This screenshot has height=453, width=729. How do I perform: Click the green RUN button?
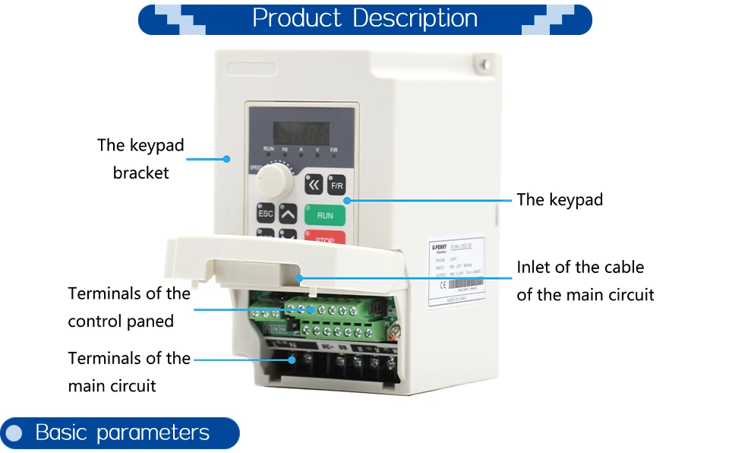(x=325, y=215)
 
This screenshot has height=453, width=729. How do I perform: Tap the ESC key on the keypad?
(x=265, y=214)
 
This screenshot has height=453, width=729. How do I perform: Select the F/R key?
(x=336, y=185)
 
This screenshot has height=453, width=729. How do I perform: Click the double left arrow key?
(x=313, y=185)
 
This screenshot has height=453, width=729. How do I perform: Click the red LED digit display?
(x=301, y=129)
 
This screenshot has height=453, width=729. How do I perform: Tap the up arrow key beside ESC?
(x=288, y=214)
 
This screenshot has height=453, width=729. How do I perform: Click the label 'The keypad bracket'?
(x=140, y=159)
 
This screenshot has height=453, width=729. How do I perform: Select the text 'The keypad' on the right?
(x=560, y=200)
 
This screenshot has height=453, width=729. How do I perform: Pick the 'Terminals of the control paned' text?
(x=129, y=307)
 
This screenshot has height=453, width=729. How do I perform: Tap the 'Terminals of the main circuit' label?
(x=129, y=372)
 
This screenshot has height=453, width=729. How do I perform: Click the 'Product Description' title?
(x=364, y=18)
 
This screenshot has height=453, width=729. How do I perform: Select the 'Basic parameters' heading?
(x=122, y=433)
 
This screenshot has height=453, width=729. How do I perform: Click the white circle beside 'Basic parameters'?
(x=14, y=434)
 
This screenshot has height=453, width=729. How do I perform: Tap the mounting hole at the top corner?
(x=481, y=67)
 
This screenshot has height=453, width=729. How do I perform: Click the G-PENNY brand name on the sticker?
(x=440, y=247)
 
